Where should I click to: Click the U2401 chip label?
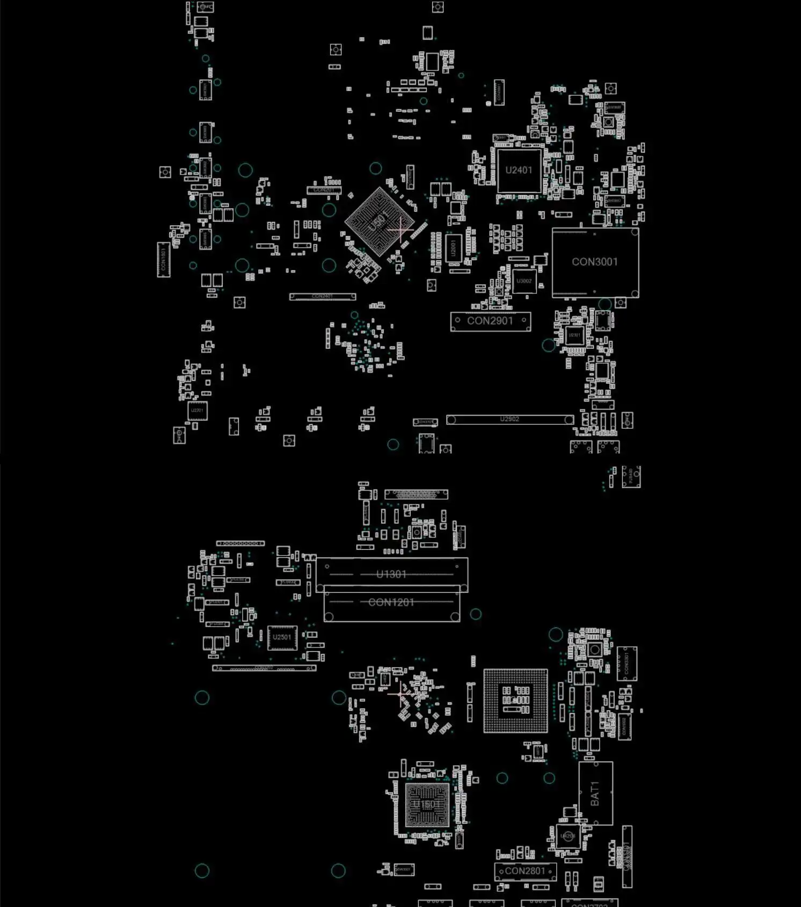[x=519, y=170]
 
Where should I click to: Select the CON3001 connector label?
[x=594, y=262]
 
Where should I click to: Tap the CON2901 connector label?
[x=490, y=321]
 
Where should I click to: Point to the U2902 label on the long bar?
[x=509, y=419]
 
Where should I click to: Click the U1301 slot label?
[x=391, y=574]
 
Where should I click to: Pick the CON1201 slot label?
[x=391, y=602]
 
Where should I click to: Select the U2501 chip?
[x=282, y=637]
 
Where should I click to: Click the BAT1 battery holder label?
[x=595, y=793]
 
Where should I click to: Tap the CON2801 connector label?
[x=525, y=871]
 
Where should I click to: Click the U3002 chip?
[x=524, y=281]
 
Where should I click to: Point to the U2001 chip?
[x=454, y=248]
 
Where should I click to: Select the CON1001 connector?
[x=164, y=260]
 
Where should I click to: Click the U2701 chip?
[x=197, y=411]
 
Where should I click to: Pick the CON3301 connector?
[x=627, y=663]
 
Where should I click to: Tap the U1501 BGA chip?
[x=427, y=804]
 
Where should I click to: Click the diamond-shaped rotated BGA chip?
[x=379, y=221]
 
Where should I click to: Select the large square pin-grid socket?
[x=515, y=701]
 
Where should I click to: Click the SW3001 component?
[x=404, y=869]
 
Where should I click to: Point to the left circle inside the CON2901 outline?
[x=457, y=320]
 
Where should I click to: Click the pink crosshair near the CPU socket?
[x=400, y=694]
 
